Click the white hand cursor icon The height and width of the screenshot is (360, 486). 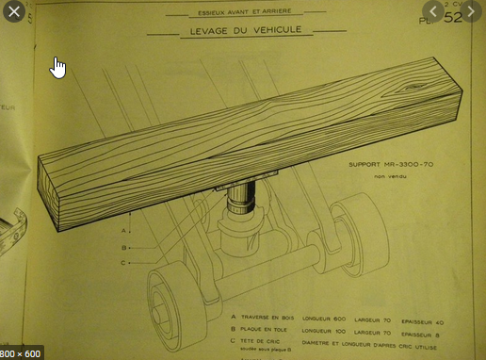click(57, 67)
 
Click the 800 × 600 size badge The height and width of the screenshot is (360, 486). click(22, 352)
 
